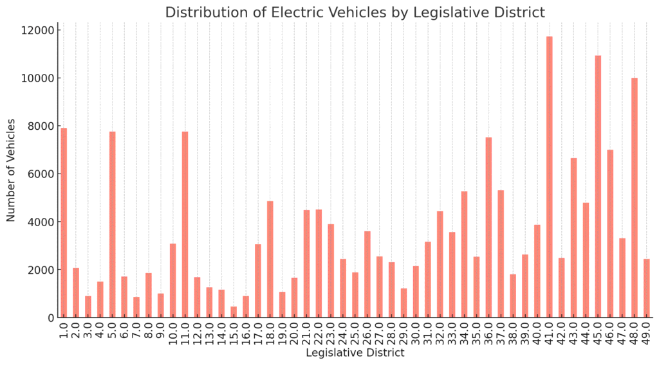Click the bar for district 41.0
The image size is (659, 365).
point(549,177)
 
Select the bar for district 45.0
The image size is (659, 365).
point(598,186)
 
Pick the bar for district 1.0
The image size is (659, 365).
point(64,222)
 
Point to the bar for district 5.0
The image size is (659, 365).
point(112,224)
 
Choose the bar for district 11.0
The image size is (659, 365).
point(185,224)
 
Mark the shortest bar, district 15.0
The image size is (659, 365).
point(234,312)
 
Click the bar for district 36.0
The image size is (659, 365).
point(488,227)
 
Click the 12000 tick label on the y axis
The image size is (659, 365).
point(38,30)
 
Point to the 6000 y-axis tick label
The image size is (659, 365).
point(41,174)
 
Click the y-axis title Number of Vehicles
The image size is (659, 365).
point(12,174)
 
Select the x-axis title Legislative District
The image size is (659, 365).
point(355,353)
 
